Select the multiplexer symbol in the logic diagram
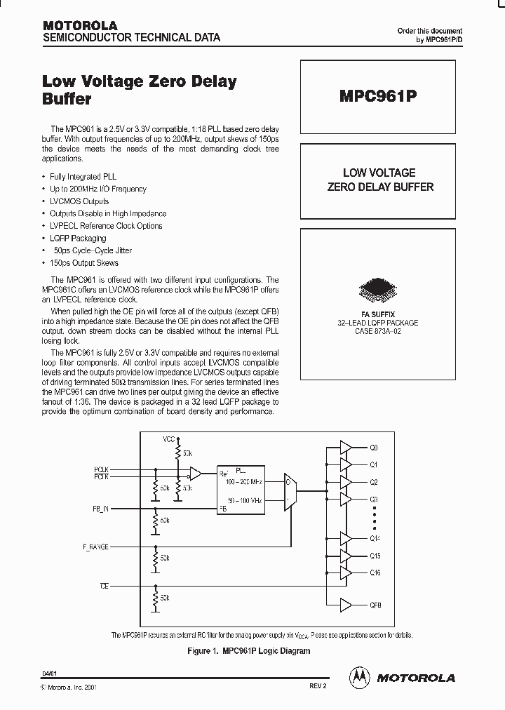point(290,490)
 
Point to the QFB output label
point(375,604)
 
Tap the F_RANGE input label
point(95,547)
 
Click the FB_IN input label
point(101,507)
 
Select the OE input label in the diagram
point(104,584)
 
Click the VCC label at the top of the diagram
point(169,439)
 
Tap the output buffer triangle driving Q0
point(346,447)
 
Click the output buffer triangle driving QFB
point(346,604)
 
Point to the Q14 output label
point(375,538)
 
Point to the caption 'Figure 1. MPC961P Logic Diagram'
point(249,651)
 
